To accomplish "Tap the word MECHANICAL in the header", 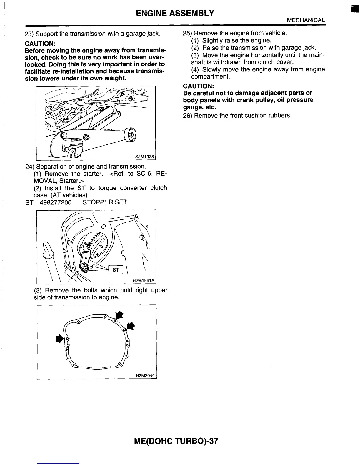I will coord(306,20).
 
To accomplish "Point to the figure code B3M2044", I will coord(145,376).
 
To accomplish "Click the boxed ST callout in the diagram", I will coord(116,269).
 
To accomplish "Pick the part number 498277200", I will coord(55,202).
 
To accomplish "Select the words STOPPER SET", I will coord(105,202).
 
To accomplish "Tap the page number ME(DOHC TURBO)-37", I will coord(176,441).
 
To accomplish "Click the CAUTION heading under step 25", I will coord(198,86).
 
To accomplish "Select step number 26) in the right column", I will coord(188,115).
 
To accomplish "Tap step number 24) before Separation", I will coord(30,167).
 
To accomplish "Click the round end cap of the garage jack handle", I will coord(131,135).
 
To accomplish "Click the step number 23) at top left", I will coord(29,34).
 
